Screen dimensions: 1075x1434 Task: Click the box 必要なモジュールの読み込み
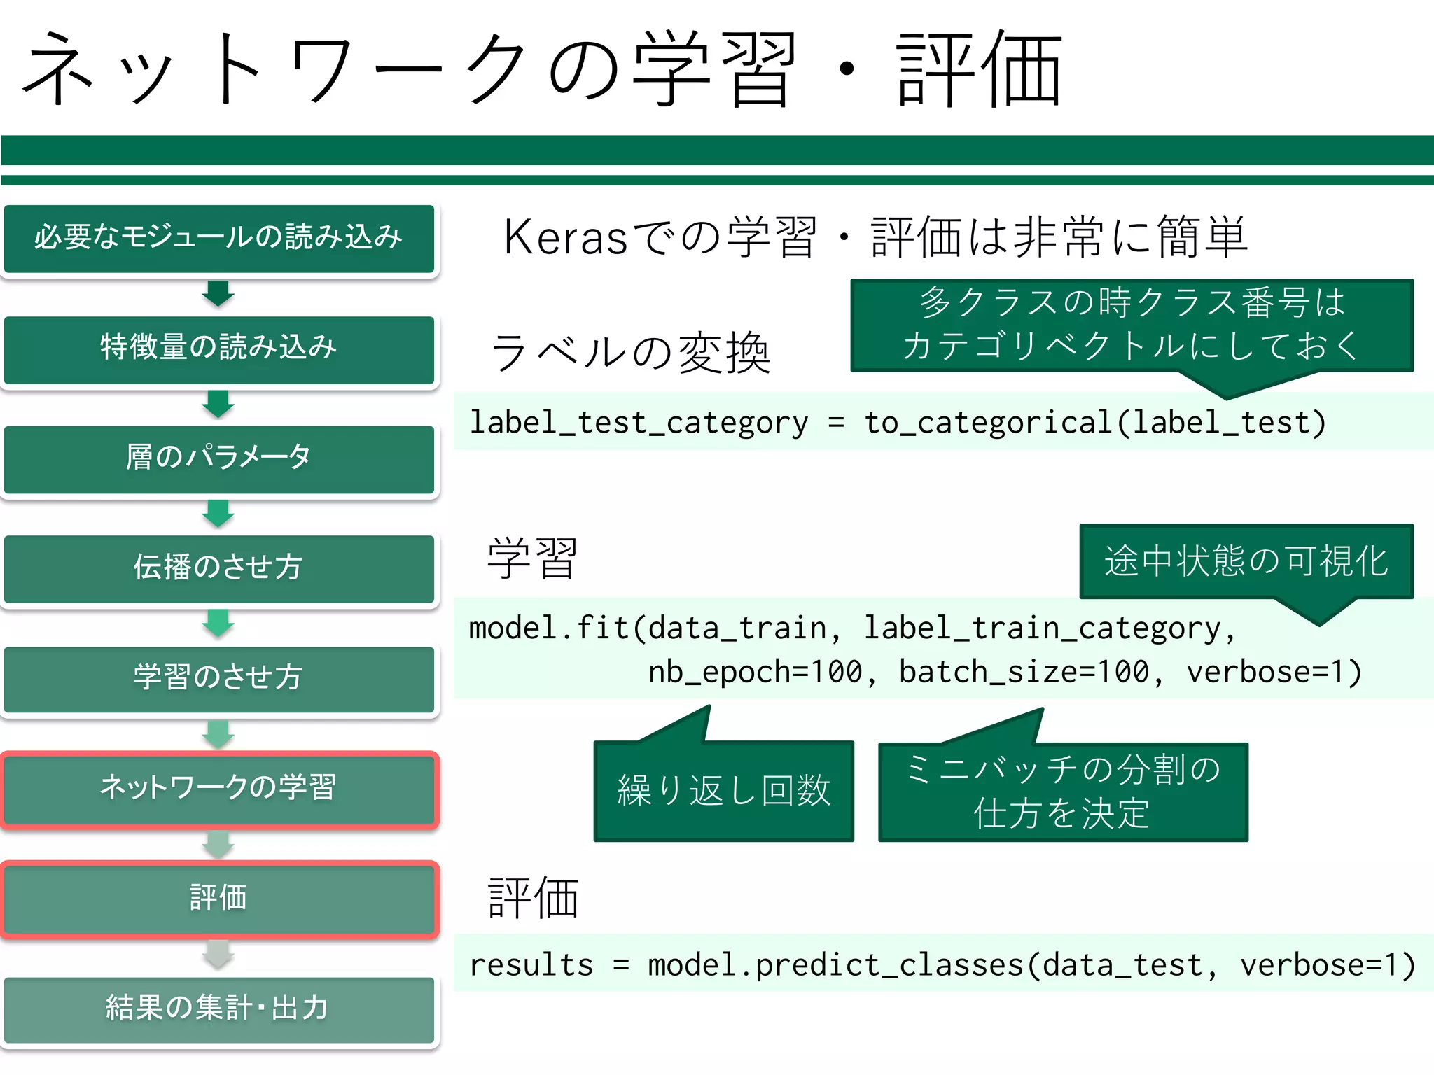click(x=218, y=238)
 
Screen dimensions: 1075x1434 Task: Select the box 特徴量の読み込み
click(x=218, y=348)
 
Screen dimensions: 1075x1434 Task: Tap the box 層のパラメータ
click(x=218, y=458)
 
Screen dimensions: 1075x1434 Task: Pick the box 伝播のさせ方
click(x=218, y=568)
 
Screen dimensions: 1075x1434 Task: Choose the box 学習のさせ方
click(x=218, y=677)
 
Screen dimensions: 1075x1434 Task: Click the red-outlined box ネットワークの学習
click(x=218, y=789)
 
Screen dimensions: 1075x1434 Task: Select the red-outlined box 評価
click(x=218, y=899)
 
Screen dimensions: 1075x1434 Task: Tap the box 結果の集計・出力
click(x=218, y=1009)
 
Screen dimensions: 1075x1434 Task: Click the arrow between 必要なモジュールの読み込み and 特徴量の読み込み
click(x=218, y=293)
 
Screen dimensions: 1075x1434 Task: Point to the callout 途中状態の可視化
click(x=1246, y=561)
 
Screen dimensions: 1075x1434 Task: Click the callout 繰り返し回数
click(x=723, y=791)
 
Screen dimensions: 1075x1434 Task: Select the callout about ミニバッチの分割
click(x=1062, y=792)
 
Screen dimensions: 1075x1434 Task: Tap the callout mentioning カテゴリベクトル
click(x=1132, y=325)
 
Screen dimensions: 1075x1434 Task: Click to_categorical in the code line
click(x=988, y=423)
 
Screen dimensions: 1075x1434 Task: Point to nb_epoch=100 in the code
click(x=756, y=672)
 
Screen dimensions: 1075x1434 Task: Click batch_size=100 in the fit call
click(x=1024, y=672)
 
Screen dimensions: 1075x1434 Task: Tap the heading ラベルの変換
click(x=630, y=353)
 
